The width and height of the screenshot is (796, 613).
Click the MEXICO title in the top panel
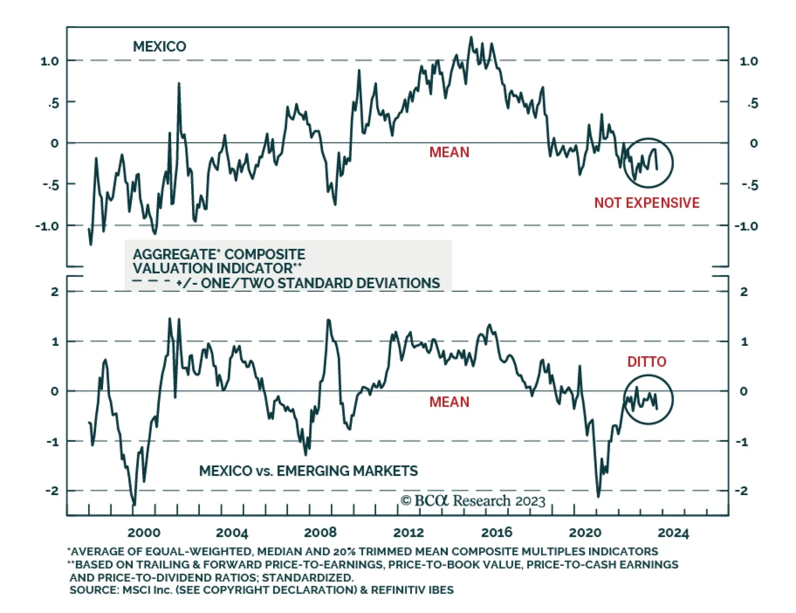[x=159, y=47]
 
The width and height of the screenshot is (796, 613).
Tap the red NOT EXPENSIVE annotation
[x=647, y=203]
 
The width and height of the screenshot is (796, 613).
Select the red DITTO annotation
[x=646, y=362]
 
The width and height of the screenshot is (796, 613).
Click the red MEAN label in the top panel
[x=449, y=152]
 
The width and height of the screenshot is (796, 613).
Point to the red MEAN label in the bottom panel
[x=449, y=402]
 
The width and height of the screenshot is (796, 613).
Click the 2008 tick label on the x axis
[x=320, y=533]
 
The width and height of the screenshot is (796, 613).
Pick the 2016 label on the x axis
[x=497, y=533]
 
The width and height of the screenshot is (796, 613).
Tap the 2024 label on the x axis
[x=673, y=533]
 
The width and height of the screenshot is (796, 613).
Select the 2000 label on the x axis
[x=144, y=533]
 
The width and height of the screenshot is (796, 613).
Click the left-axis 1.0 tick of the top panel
[x=50, y=61]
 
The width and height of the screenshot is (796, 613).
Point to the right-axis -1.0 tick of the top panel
[x=746, y=226]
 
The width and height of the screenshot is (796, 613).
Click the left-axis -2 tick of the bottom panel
[x=52, y=491]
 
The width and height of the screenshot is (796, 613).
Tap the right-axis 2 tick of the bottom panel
[x=744, y=292]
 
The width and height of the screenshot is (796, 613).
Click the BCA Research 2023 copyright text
[x=473, y=501]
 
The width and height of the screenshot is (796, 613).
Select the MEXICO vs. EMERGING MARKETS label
[x=308, y=471]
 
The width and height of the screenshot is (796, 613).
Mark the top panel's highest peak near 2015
[x=471, y=37]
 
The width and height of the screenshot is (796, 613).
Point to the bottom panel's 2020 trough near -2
[x=598, y=496]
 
